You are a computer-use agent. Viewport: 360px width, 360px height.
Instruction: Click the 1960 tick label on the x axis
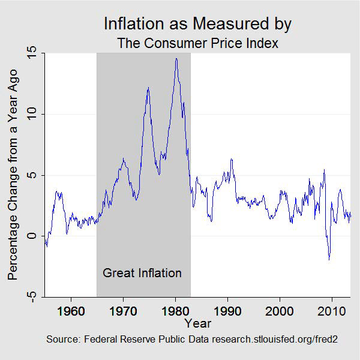[71, 311]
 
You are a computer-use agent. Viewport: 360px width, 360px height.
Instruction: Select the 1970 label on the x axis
[123, 311]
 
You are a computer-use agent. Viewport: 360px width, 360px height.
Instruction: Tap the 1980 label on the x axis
[175, 311]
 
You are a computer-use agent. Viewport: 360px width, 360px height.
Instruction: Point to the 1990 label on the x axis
[227, 311]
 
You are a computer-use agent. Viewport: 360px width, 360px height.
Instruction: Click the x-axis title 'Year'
[197, 324]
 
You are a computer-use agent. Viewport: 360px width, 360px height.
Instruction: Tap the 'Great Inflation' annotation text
[142, 273]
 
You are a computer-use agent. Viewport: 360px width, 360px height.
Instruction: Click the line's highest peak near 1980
[176, 58]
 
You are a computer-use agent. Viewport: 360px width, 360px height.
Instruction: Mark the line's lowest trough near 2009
[329, 259]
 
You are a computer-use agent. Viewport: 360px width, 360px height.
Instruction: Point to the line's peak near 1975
[148, 88]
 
